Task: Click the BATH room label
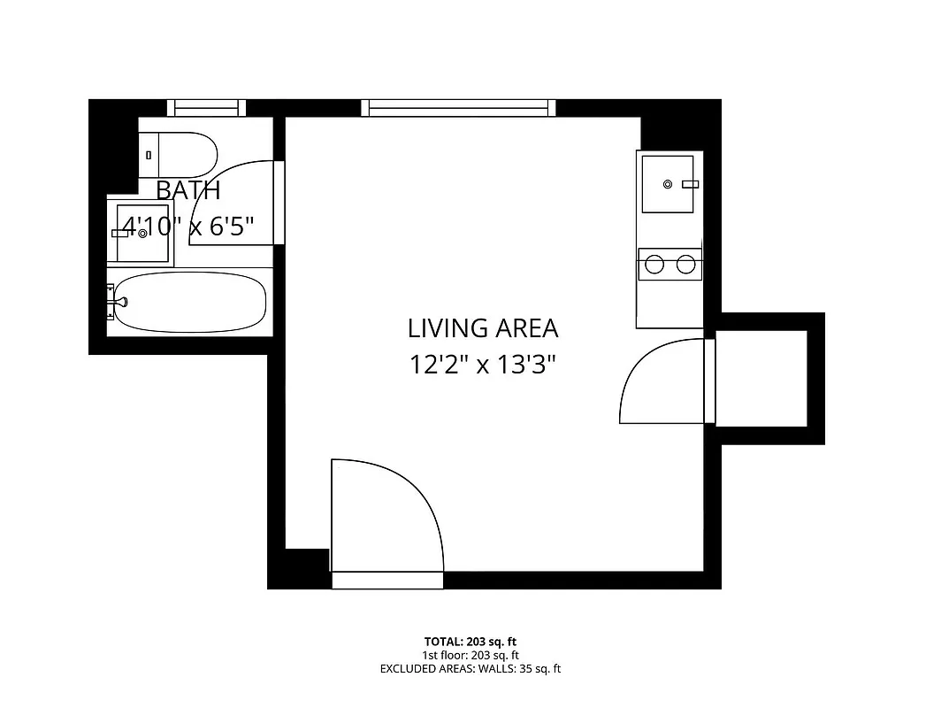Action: point(187,190)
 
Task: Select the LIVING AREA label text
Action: point(483,328)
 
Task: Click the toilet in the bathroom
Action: point(180,154)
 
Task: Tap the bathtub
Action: point(190,302)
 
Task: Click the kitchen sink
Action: point(669,183)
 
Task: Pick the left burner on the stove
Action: point(655,264)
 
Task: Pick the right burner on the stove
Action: point(685,264)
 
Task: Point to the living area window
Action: point(459,108)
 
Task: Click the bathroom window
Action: point(206,108)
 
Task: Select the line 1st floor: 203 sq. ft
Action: point(470,655)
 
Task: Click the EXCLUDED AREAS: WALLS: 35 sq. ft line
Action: point(470,669)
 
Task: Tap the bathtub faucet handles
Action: point(113,301)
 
